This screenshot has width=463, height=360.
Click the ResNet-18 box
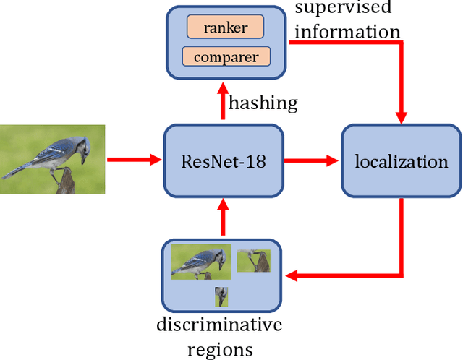click(222, 160)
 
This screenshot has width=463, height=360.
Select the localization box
click(401, 160)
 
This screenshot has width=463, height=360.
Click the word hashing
click(263, 103)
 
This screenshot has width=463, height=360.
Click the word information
click(348, 32)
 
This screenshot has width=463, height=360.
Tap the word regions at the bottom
click(220, 349)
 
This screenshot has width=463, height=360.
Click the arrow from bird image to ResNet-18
click(134, 159)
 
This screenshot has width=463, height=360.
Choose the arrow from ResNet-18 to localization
click(310, 159)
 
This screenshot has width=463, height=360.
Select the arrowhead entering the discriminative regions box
click(292, 275)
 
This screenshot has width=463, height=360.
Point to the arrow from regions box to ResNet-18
click(223, 220)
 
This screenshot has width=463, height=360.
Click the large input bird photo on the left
click(52, 159)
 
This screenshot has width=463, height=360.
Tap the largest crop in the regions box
click(200, 262)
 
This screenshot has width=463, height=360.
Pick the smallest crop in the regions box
click(221, 296)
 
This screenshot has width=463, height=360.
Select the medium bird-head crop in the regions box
click(253, 261)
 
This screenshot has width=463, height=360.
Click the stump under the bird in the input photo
click(67, 181)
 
